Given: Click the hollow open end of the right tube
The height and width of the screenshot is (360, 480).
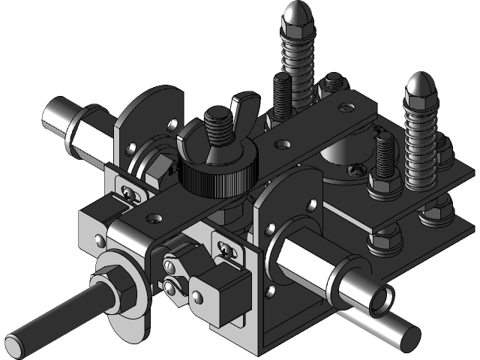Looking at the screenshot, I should [x=379, y=298].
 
